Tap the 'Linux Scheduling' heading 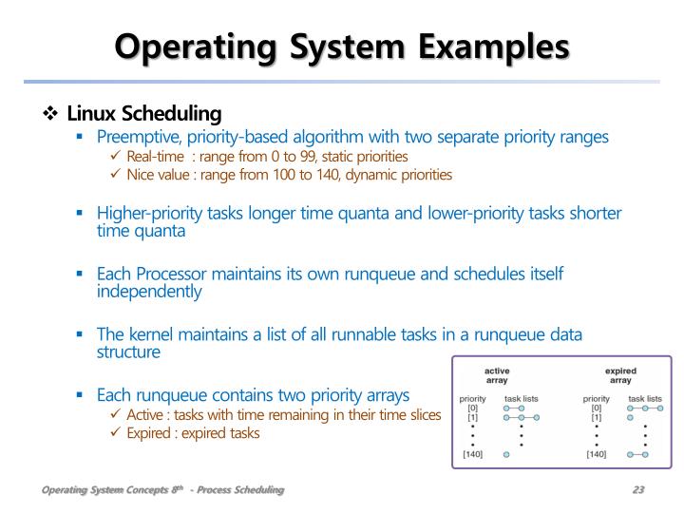144,114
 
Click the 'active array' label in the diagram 497,375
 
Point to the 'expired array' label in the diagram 619,375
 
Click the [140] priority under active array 472,454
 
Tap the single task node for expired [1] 631,417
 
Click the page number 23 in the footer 638,489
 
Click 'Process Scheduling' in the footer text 241,489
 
